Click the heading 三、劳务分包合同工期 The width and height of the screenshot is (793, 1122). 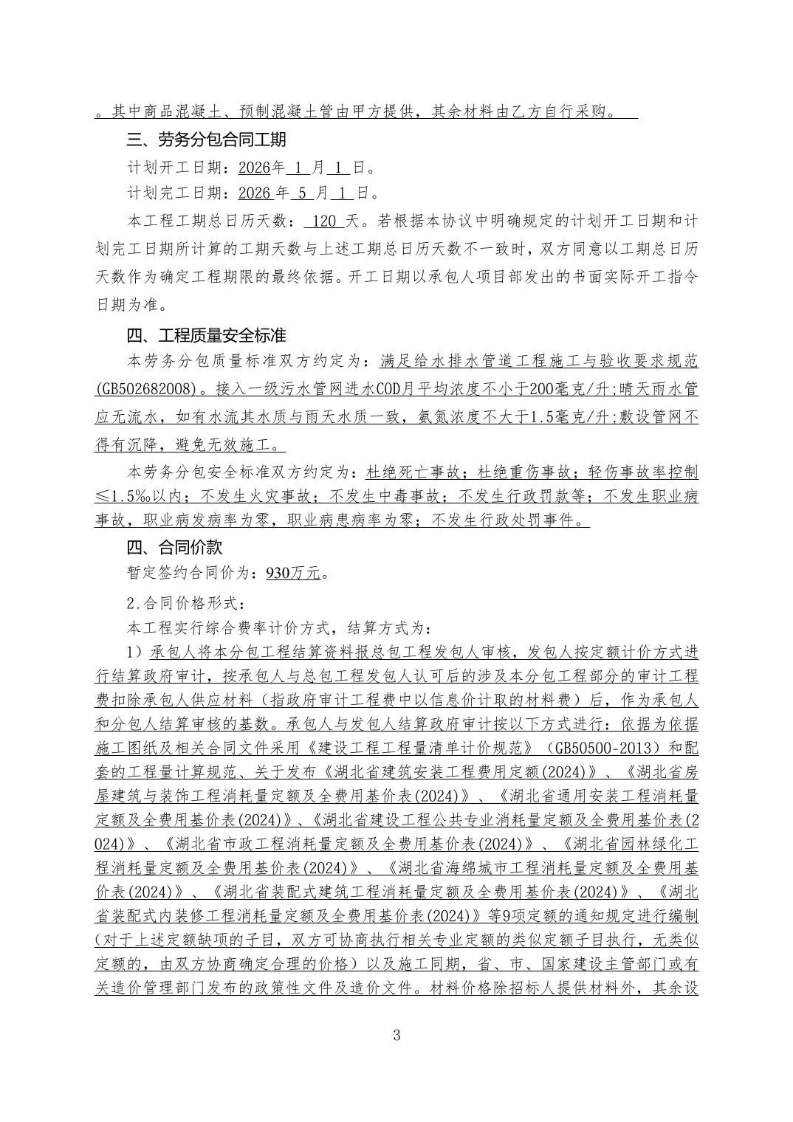click(x=206, y=140)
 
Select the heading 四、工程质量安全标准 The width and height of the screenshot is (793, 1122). click(x=206, y=336)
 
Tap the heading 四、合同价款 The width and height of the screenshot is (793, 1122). click(x=174, y=548)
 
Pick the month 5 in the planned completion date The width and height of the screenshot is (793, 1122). click(x=302, y=193)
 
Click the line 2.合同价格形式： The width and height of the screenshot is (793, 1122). click(x=186, y=603)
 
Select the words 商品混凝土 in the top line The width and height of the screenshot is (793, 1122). click(x=177, y=113)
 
